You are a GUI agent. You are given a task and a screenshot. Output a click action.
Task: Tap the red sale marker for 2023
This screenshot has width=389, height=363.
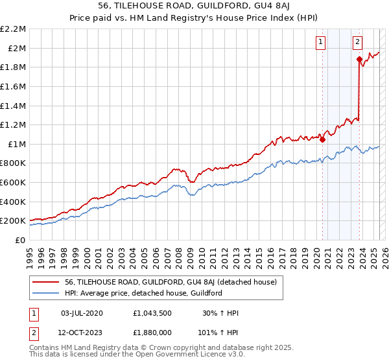[359, 59]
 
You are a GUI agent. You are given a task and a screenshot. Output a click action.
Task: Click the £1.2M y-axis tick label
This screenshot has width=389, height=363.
[14, 124]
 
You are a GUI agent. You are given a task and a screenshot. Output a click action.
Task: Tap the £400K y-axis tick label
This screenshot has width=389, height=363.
[14, 202]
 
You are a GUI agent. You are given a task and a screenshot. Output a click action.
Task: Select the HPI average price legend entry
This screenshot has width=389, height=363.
[143, 294]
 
